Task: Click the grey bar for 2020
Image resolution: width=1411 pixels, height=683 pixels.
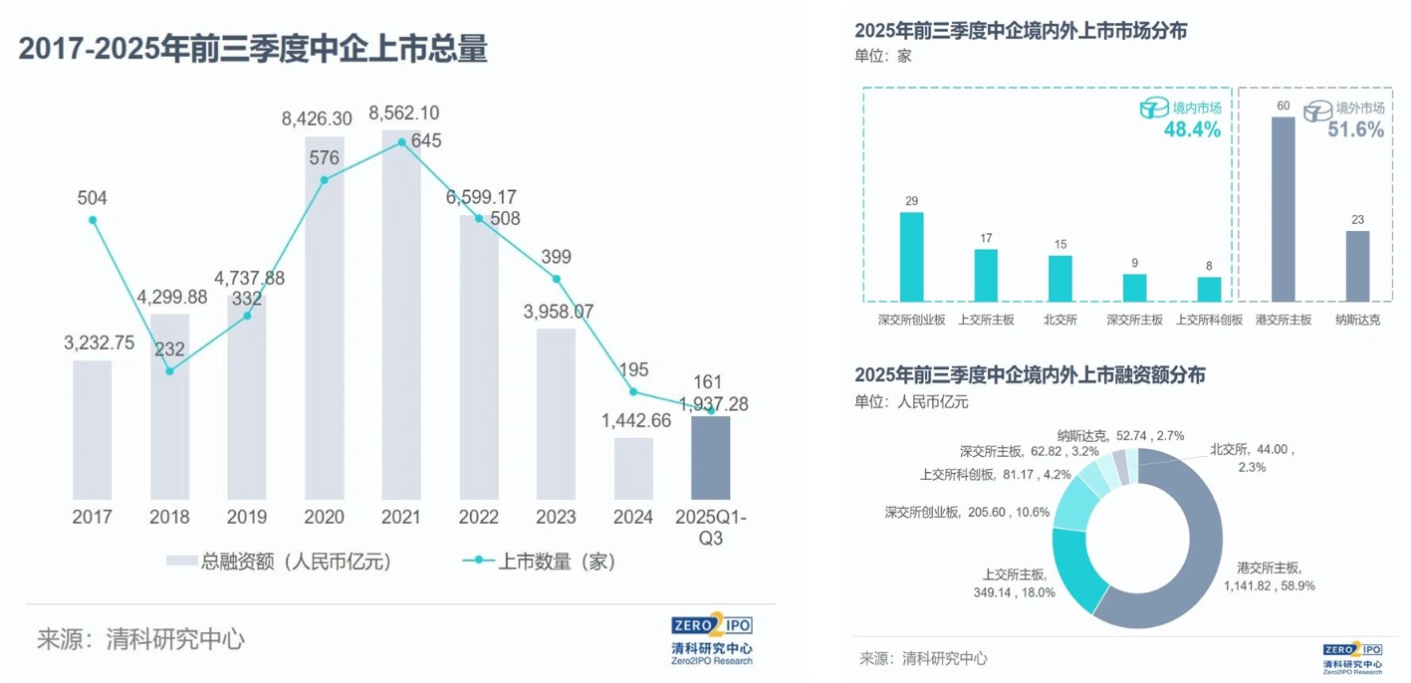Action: (325, 319)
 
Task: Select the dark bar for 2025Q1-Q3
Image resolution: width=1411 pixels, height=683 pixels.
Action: (710, 458)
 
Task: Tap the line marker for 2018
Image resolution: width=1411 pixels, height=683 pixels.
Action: (170, 371)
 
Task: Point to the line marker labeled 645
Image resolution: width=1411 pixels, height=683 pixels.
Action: (402, 142)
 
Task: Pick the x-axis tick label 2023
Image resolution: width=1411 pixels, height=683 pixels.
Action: (556, 518)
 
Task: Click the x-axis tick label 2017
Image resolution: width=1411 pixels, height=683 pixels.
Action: (93, 518)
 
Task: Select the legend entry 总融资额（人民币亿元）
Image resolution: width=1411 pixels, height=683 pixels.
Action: (280, 562)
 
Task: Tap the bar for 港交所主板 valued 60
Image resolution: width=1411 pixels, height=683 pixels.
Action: (1284, 209)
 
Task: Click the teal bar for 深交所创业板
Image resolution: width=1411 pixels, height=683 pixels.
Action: (911, 256)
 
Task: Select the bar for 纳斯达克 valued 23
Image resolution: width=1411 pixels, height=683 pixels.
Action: (1357, 266)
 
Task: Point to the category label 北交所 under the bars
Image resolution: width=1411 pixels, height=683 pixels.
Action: (1059, 321)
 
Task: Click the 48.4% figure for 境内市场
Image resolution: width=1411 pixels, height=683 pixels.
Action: (1192, 129)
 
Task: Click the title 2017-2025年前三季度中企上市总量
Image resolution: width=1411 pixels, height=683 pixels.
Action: (253, 49)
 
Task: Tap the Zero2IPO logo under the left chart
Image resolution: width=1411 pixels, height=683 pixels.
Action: (711, 638)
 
